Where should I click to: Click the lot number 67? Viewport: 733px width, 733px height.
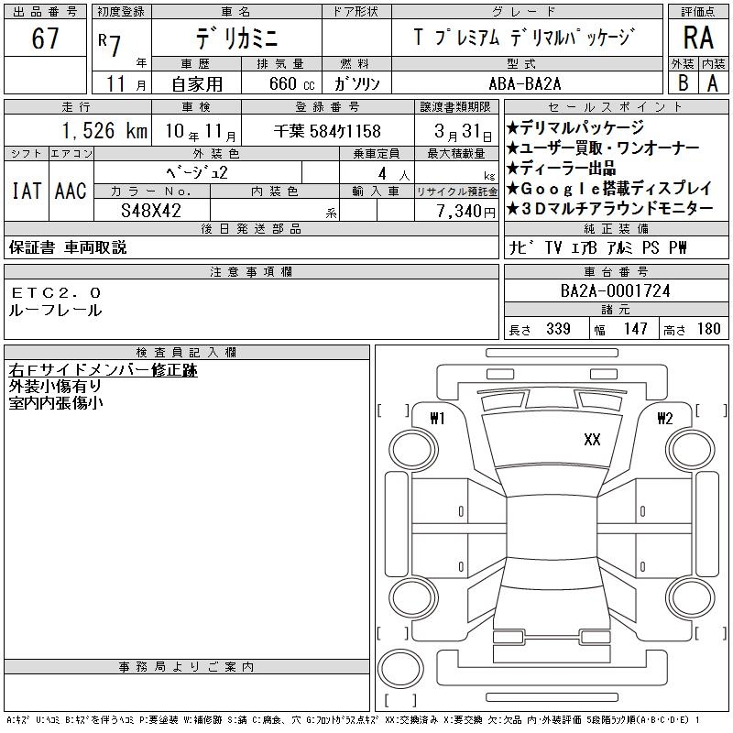(45, 38)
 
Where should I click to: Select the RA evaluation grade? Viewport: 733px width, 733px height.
(698, 38)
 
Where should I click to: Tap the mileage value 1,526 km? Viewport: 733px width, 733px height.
(105, 130)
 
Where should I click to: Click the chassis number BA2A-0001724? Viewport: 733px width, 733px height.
(615, 290)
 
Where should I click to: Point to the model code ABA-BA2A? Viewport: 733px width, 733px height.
(524, 83)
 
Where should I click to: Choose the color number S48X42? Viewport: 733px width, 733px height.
(151, 211)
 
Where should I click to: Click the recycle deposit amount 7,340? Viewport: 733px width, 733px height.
(460, 212)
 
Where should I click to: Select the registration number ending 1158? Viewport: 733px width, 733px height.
(327, 131)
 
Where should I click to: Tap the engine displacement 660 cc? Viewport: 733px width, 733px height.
(291, 83)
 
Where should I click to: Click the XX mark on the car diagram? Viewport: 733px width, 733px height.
(592, 440)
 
